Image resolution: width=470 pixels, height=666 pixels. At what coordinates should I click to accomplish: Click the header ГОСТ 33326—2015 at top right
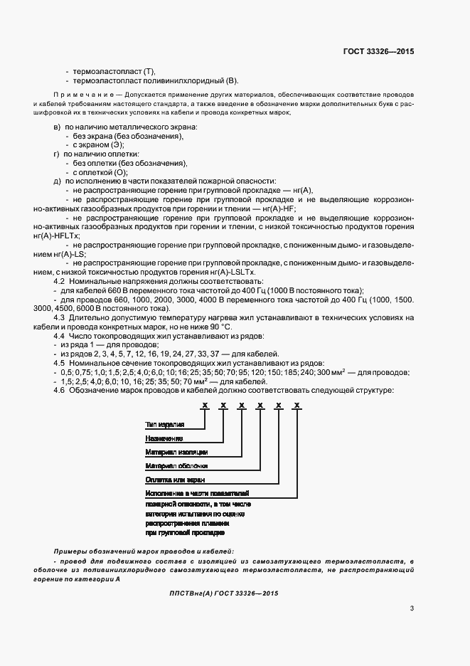378,51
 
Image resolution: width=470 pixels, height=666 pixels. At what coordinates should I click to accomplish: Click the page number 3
412,608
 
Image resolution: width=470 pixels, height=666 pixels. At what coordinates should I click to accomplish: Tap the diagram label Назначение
164,438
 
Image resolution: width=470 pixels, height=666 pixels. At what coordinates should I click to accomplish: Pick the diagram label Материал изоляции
176,452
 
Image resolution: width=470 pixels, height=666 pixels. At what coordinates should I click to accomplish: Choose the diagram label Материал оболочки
176,466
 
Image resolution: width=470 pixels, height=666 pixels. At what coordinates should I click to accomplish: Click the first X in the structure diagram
204,405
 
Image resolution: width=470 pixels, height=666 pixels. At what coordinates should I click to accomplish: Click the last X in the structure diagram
297,405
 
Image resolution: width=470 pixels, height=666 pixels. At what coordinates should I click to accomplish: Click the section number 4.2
60,282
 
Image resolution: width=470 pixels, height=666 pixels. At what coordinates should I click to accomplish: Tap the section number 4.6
60,389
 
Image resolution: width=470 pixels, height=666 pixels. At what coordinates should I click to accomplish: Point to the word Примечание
78,95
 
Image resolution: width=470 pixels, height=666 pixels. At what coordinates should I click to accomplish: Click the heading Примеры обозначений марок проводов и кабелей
143,552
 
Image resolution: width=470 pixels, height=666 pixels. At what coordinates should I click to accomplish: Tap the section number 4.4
60,335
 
